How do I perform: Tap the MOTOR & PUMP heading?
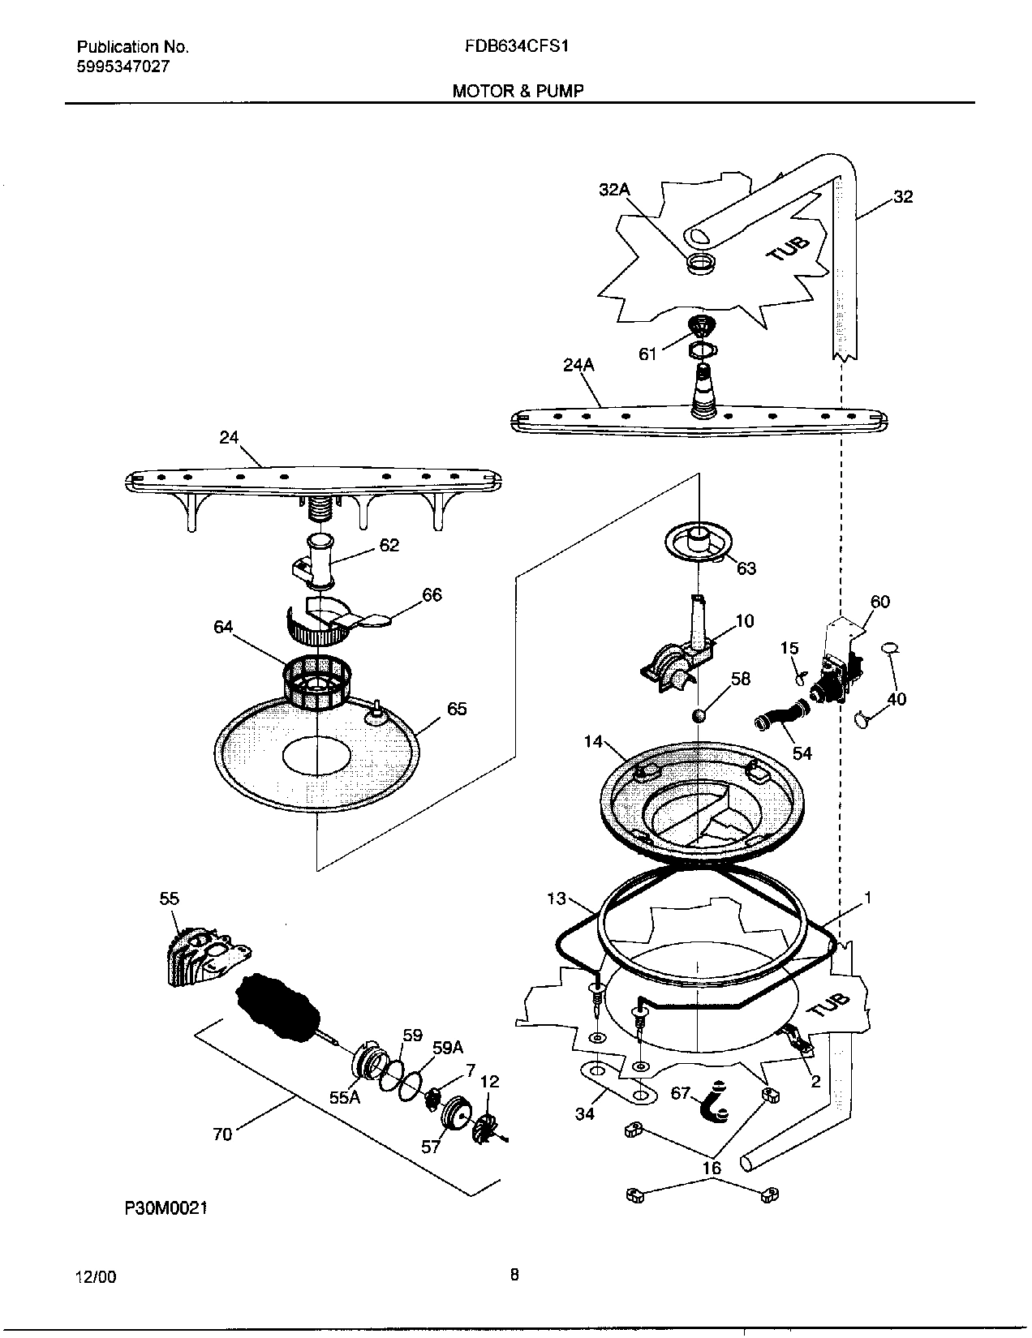coord(517,91)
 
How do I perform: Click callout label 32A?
coord(614,190)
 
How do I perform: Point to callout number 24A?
coord(578,365)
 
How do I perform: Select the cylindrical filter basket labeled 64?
coord(316,683)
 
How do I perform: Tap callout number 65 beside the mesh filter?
coord(457,709)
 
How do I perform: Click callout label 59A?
coord(448,1048)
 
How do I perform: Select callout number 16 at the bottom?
coord(712,1169)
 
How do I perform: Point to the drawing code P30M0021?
coord(166,1208)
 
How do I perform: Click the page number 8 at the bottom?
coord(514,1275)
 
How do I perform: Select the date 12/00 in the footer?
coord(96,1277)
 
